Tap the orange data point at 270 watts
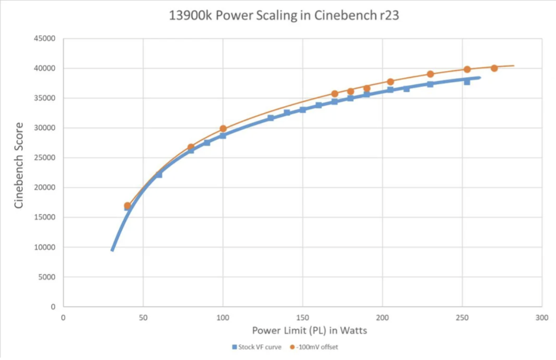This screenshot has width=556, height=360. (494, 68)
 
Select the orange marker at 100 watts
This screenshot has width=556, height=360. (223, 129)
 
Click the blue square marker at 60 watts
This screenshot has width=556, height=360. (159, 175)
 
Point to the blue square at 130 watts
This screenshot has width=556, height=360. (271, 118)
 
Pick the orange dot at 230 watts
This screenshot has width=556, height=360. (430, 74)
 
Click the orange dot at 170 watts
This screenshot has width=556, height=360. (335, 94)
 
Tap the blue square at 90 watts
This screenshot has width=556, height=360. (207, 143)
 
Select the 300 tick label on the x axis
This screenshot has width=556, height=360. (541, 317)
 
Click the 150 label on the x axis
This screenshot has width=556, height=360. (302, 317)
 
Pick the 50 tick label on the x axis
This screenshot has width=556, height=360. (143, 317)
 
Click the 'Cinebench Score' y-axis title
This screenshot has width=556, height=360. (19, 165)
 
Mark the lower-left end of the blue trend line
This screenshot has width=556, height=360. (112, 250)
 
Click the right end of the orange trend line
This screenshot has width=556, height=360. (514, 66)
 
